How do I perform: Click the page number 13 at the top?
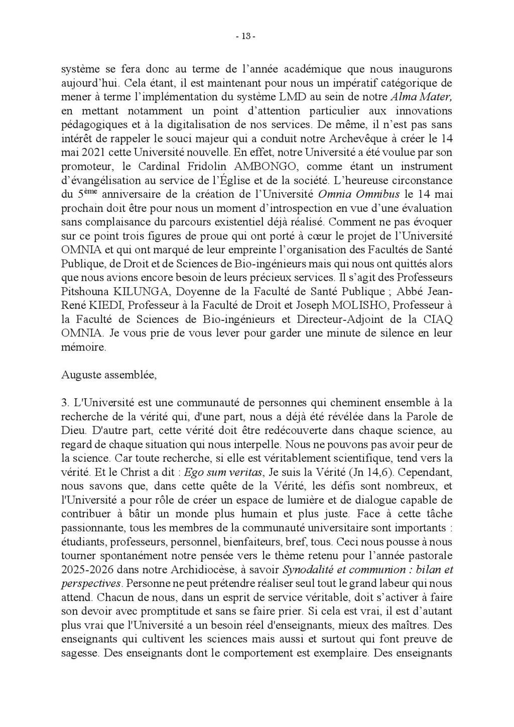[x=246, y=37]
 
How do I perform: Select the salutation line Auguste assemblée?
[x=109, y=374]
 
